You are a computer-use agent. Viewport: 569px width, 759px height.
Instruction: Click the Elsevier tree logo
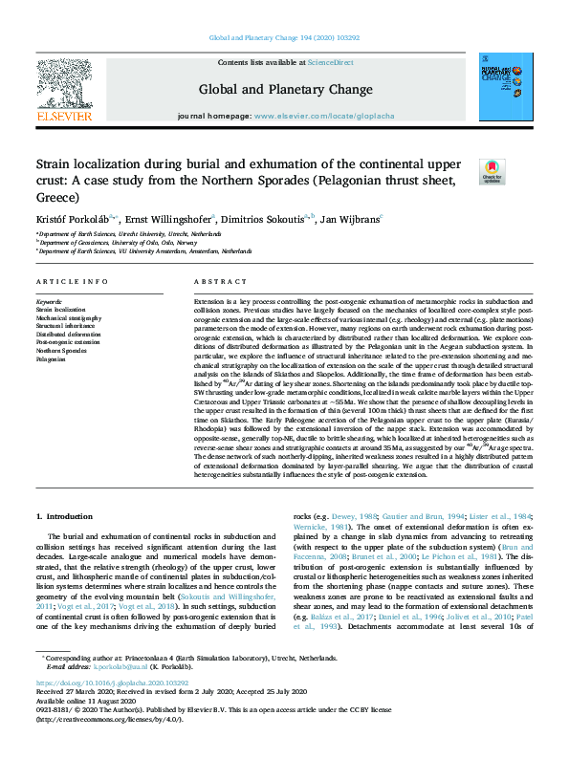click(x=65, y=90)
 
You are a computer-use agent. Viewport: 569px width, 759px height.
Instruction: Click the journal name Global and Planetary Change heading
click(x=285, y=90)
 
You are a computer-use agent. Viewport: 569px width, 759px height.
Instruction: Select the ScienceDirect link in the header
click(x=332, y=63)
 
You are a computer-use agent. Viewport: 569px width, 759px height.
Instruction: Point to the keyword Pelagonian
click(x=52, y=360)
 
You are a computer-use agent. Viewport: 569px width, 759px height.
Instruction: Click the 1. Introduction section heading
click(x=65, y=516)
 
